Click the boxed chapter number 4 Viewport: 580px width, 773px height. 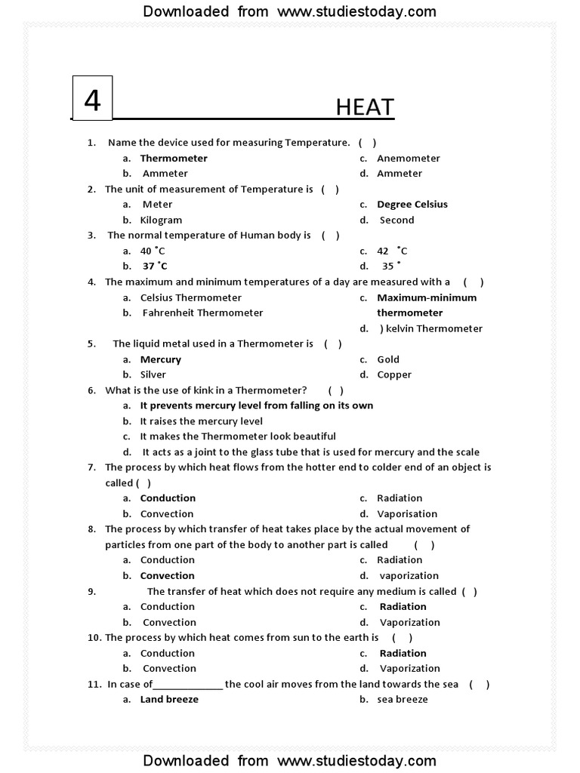click(x=92, y=99)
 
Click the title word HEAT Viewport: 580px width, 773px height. click(x=365, y=107)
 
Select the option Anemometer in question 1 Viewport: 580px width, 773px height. click(x=408, y=159)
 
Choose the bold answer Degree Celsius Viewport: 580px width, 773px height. click(x=412, y=205)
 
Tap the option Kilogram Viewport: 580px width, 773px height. click(x=161, y=220)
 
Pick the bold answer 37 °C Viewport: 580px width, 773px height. click(x=155, y=266)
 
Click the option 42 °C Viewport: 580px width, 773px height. click(x=392, y=251)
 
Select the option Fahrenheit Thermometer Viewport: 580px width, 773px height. click(x=202, y=313)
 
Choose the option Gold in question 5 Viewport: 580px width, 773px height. click(x=388, y=360)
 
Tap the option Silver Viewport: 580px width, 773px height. click(x=153, y=375)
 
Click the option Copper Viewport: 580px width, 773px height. click(x=394, y=375)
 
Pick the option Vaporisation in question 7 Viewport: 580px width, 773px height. click(x=407, y=514)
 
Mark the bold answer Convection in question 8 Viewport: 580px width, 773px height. click(x=167, y=576)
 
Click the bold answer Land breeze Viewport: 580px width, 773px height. click(x=169, y=700)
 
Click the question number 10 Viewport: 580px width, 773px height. click(x=94, y=638)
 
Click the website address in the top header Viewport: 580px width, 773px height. click(x=356, y=11)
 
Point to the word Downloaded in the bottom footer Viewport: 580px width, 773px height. click(x=186, y=760)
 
